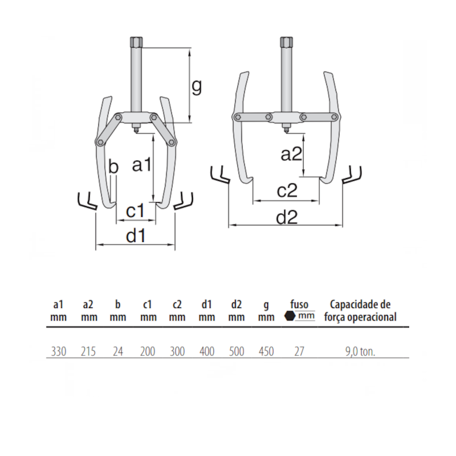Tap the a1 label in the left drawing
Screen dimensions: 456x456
click(142, 165)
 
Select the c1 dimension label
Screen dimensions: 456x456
click(135, 210)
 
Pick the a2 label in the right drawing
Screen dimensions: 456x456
click(292, 154)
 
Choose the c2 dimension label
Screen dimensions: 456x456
click(288, 190)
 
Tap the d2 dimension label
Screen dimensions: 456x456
click(287, 217)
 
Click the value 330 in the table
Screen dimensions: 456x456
click(58, 351)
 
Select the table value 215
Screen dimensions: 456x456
click(88, 351)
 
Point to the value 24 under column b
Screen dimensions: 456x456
click(118, 351)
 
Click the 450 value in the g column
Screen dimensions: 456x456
click(266, 351)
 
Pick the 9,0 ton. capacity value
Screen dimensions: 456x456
click(361, 351)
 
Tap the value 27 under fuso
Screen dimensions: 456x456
click(300, 351)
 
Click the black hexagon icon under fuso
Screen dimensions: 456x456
click(289, 316)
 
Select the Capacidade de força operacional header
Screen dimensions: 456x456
click(361, 311)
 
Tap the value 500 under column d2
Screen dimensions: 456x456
click(236, 351)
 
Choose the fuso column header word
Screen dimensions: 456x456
click(300, 304)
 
